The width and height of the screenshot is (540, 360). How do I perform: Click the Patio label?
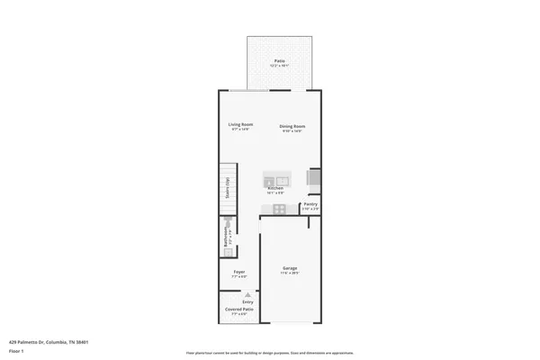click(281, 61)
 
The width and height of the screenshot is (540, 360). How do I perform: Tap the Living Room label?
click(240, 124)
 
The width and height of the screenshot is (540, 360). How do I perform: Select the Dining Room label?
click(292, 126)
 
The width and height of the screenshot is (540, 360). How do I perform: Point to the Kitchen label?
click(275, 188)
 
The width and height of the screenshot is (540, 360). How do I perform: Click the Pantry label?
click(310, 204)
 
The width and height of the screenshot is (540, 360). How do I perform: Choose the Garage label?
click(290, 268)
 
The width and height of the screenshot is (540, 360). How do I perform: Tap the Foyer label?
click(239, 272)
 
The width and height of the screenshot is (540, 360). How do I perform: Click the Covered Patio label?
click(239, 309)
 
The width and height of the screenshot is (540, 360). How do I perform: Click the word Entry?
click(235, 302)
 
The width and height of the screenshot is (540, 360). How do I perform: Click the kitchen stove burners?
click(280, 211)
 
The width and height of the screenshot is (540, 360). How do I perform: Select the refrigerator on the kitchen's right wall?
click(313, 179)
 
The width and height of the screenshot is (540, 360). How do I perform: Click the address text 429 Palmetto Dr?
click(49, 342)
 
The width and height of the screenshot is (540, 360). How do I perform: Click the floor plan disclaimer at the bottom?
click(269, 353)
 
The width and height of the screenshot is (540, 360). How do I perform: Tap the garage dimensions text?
click(290, 273)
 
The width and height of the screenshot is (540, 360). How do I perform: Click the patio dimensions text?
click(281, 66)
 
